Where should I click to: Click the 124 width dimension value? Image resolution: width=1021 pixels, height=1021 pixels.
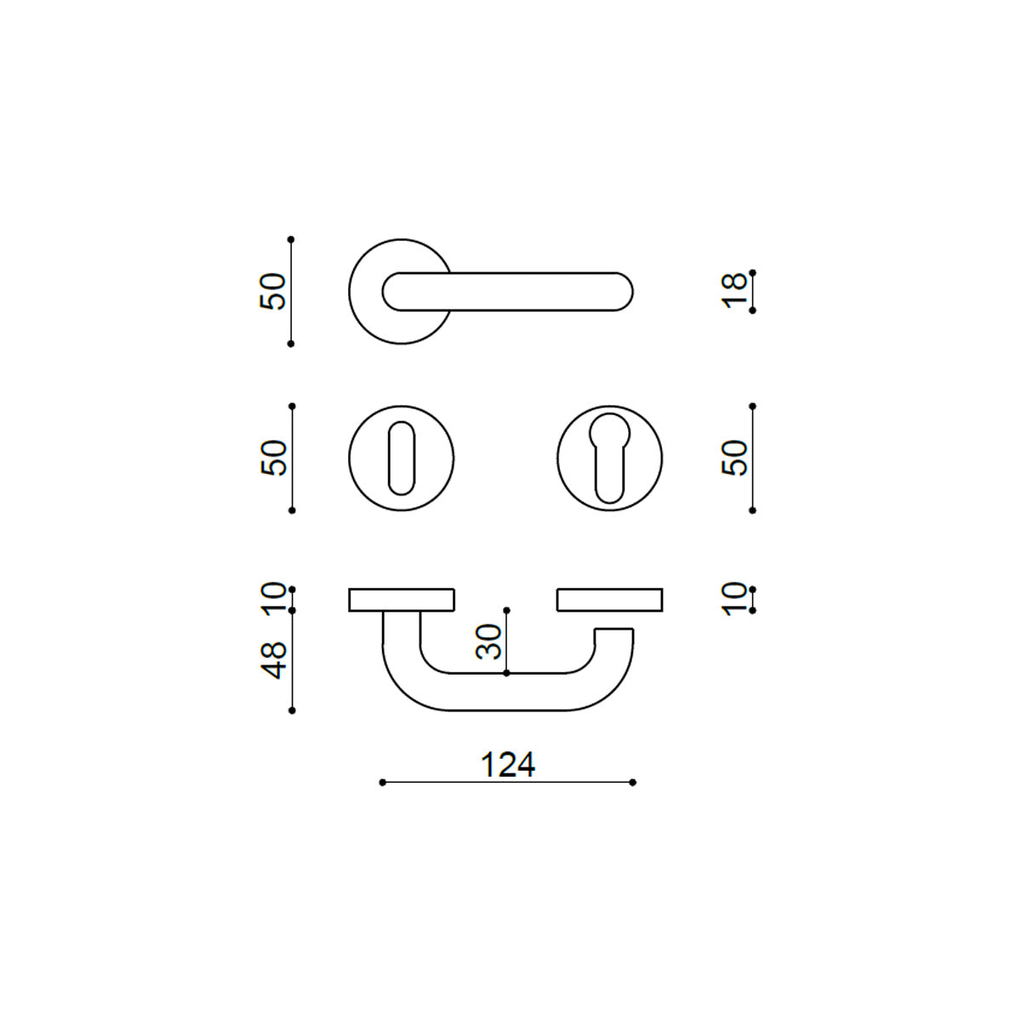(x=508, y=766)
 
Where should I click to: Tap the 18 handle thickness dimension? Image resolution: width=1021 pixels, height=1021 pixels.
(x=734, y=291)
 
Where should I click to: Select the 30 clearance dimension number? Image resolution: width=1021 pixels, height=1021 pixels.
(x=488, y=642)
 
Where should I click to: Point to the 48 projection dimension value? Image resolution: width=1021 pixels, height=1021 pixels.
(x=275, y=660)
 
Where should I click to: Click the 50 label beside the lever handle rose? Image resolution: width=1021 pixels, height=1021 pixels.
(x=273, y=292)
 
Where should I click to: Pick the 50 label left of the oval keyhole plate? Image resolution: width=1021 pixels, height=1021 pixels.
(x=273, y=458)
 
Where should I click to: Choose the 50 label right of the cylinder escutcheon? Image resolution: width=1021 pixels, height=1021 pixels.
(x=734, y=458)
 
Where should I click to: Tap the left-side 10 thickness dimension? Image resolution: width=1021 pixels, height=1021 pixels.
(x=275, y=599)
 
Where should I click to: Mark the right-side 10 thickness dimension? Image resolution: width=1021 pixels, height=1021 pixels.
(x=734, y=599)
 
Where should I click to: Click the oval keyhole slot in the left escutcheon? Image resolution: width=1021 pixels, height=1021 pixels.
(x=402, y=459)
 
